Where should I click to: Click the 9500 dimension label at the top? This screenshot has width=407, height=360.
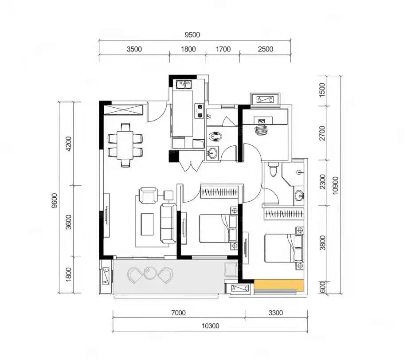[x=192, y=35]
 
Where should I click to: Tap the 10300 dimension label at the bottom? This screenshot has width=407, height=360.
[x=211, y=326]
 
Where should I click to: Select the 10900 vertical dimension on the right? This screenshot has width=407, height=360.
[x=336, y=185]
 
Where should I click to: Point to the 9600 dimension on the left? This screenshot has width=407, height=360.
[x=55, y=200]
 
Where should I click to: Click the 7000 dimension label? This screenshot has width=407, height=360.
[x=178, y=313]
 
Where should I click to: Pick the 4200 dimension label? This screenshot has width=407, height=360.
[x=68, y=144]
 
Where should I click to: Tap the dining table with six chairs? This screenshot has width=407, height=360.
[x=125, y=145]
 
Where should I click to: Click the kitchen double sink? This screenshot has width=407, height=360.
[x=184, y=84]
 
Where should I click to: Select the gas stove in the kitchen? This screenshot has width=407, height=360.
[x=199, y=111]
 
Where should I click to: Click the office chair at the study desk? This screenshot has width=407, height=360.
[x=261, y=129]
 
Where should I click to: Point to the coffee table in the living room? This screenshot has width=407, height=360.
[x=147, y=224]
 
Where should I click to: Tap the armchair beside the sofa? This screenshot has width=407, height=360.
[x=149, y=195]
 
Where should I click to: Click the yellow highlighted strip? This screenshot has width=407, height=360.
[x=279, y=285]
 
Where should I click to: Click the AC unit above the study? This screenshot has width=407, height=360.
[x=265, y=99]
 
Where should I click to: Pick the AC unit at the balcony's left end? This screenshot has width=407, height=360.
[x=106, y=276]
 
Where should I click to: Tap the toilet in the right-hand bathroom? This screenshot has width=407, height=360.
[x=273, y=169]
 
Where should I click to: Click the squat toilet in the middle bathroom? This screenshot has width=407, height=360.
[x=215, y=137]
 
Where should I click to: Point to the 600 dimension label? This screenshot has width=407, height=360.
[x=322, y=287]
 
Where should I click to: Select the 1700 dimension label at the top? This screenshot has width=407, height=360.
[x=223, y=49]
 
